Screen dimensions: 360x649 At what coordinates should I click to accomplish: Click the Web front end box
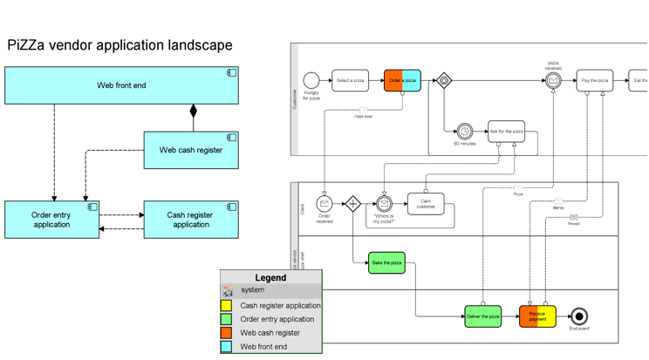121,85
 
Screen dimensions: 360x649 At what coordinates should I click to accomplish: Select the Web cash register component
190,150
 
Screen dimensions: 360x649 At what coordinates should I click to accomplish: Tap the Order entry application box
51,220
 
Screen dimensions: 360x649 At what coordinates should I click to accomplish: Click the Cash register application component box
190,220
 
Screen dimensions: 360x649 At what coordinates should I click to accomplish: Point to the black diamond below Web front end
194,112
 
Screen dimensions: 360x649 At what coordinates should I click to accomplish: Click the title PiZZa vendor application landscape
120,45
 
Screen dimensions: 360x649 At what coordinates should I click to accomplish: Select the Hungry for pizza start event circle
311,80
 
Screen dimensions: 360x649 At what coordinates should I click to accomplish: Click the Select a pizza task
350,80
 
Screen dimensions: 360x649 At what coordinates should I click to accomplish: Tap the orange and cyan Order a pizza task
402,80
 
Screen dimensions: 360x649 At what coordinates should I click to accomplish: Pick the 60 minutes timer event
464,132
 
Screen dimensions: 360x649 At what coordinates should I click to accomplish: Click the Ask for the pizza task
506,132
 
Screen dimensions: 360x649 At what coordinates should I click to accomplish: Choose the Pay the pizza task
594,80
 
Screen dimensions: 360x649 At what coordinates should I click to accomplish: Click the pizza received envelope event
553,80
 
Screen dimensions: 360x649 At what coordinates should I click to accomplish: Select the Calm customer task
426,204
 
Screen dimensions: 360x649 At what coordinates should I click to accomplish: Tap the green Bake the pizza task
386,262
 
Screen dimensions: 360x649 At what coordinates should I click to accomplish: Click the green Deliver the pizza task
482,316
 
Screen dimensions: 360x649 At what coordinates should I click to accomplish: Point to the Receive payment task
537,316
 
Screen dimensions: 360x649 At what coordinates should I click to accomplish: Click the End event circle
578,316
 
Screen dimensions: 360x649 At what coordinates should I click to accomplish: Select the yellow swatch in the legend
227,306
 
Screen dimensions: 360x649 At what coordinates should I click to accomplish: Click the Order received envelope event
324,204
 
